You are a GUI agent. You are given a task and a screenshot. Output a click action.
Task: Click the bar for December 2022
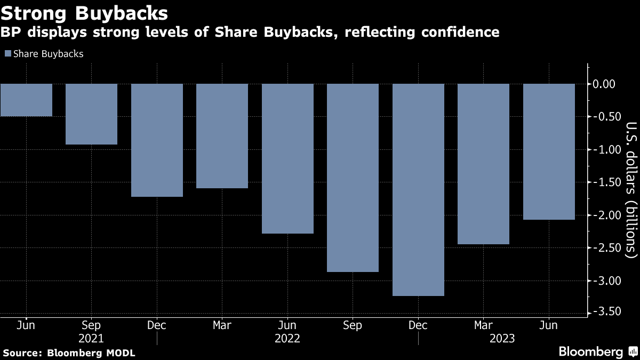click(x=418, y=190)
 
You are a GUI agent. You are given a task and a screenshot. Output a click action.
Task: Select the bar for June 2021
click(x=26, y=100)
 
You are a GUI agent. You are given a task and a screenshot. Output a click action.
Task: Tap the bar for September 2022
click(x=353, y=178)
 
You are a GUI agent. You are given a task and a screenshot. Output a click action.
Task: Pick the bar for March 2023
click(x=483, y=164)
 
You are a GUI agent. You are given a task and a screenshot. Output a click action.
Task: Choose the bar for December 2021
click(x=157, y=140)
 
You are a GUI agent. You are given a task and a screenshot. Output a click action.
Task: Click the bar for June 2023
click(x=549, y=151)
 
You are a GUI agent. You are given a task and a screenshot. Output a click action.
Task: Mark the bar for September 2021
click(x=91, y=114)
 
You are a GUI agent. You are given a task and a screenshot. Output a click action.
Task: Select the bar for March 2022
click(x=222, y=136)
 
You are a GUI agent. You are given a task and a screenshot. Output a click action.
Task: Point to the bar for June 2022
click(x=287, y=158)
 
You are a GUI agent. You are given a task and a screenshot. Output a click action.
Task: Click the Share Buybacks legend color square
click(x=8, y=54)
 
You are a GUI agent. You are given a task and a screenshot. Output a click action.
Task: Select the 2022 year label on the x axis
click(x=287, y=339)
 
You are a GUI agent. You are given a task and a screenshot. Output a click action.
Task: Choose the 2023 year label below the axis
click(x=502, y=339)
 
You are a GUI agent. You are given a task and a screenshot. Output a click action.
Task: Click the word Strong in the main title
click(x=34, y=14)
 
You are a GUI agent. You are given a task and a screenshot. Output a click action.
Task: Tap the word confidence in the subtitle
click(x=460, y=32)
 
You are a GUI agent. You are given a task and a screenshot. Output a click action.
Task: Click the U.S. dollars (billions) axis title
click(x=631, y=190)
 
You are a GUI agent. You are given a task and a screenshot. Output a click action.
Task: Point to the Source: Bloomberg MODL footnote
click(x=69, y=353)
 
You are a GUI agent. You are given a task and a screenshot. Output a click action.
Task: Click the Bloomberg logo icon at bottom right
click(x=633, y=351)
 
